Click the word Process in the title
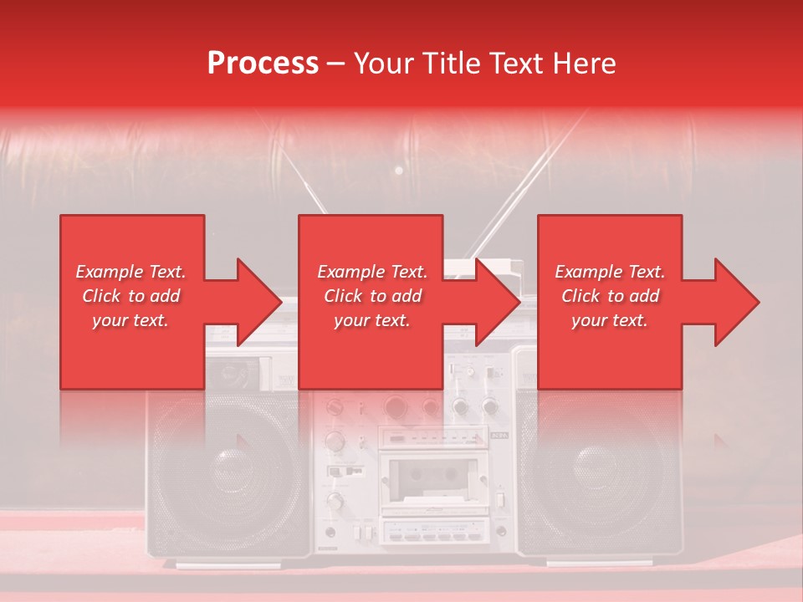coord(263,64)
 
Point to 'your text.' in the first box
coord(130,320)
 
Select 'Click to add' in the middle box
coord(372,296)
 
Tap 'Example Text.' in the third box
coord(610,272)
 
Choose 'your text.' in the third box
coord(610,320)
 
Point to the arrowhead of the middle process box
coord(497,302)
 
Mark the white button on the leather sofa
coord(399,171)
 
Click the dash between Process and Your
coord(335,64)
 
